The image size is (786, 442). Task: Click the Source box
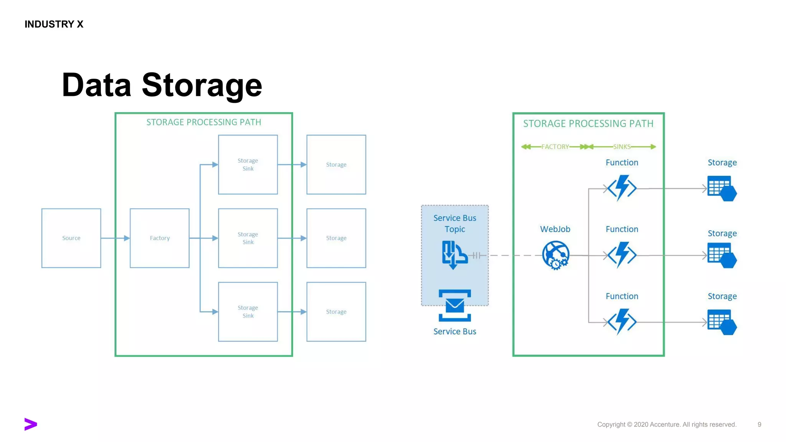point(71,238)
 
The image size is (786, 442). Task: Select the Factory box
point(160,238)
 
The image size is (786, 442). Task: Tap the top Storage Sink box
point(248,165)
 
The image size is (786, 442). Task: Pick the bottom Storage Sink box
point(248,312)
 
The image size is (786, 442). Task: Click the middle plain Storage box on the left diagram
point(336,238)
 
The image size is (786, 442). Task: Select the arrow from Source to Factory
point(115,238)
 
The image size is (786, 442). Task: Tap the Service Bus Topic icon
point(454,255)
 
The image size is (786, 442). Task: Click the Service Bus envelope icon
point(455,305)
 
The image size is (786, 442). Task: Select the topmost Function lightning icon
point(622,188)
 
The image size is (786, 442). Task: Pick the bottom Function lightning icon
point(622,322)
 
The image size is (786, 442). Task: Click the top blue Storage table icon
point(722,188)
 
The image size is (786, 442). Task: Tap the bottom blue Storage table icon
point(722,322)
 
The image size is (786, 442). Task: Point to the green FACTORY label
point(555,147)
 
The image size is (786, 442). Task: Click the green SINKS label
point(622,147)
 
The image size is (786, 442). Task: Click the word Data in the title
point(97,85)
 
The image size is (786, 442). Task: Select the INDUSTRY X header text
point(54,24)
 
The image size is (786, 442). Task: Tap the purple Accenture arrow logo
point(31,424)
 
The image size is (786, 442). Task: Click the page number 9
point(759,424)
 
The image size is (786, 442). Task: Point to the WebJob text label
point(555,229)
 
